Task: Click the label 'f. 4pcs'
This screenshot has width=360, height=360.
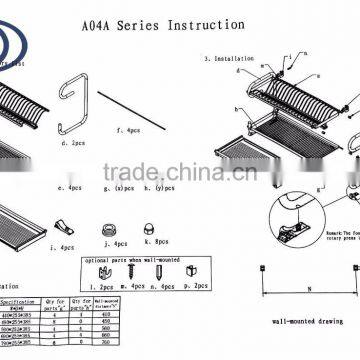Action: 127,130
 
